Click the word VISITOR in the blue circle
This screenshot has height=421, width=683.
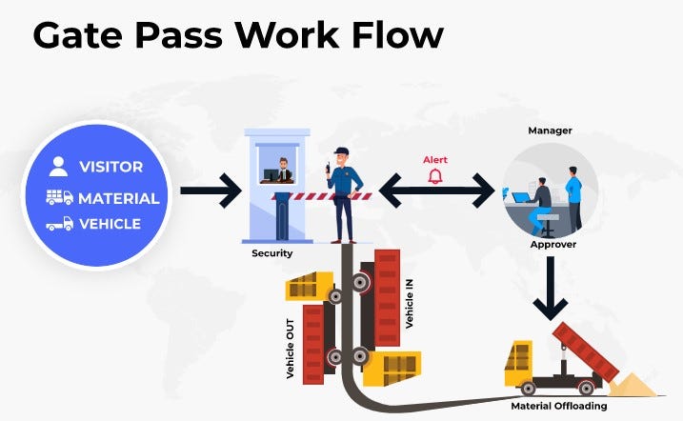110,167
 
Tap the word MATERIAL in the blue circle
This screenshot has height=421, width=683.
118,198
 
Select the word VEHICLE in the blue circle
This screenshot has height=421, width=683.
110,225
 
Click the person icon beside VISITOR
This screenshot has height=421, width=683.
59,167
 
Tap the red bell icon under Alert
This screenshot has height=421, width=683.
435,176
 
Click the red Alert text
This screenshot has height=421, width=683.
435,160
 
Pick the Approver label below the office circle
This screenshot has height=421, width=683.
552,245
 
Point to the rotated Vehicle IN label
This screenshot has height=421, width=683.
409,303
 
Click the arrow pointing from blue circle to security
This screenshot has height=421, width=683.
211,190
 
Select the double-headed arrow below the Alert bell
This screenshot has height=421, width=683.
435,191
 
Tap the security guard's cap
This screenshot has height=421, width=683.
343,150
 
